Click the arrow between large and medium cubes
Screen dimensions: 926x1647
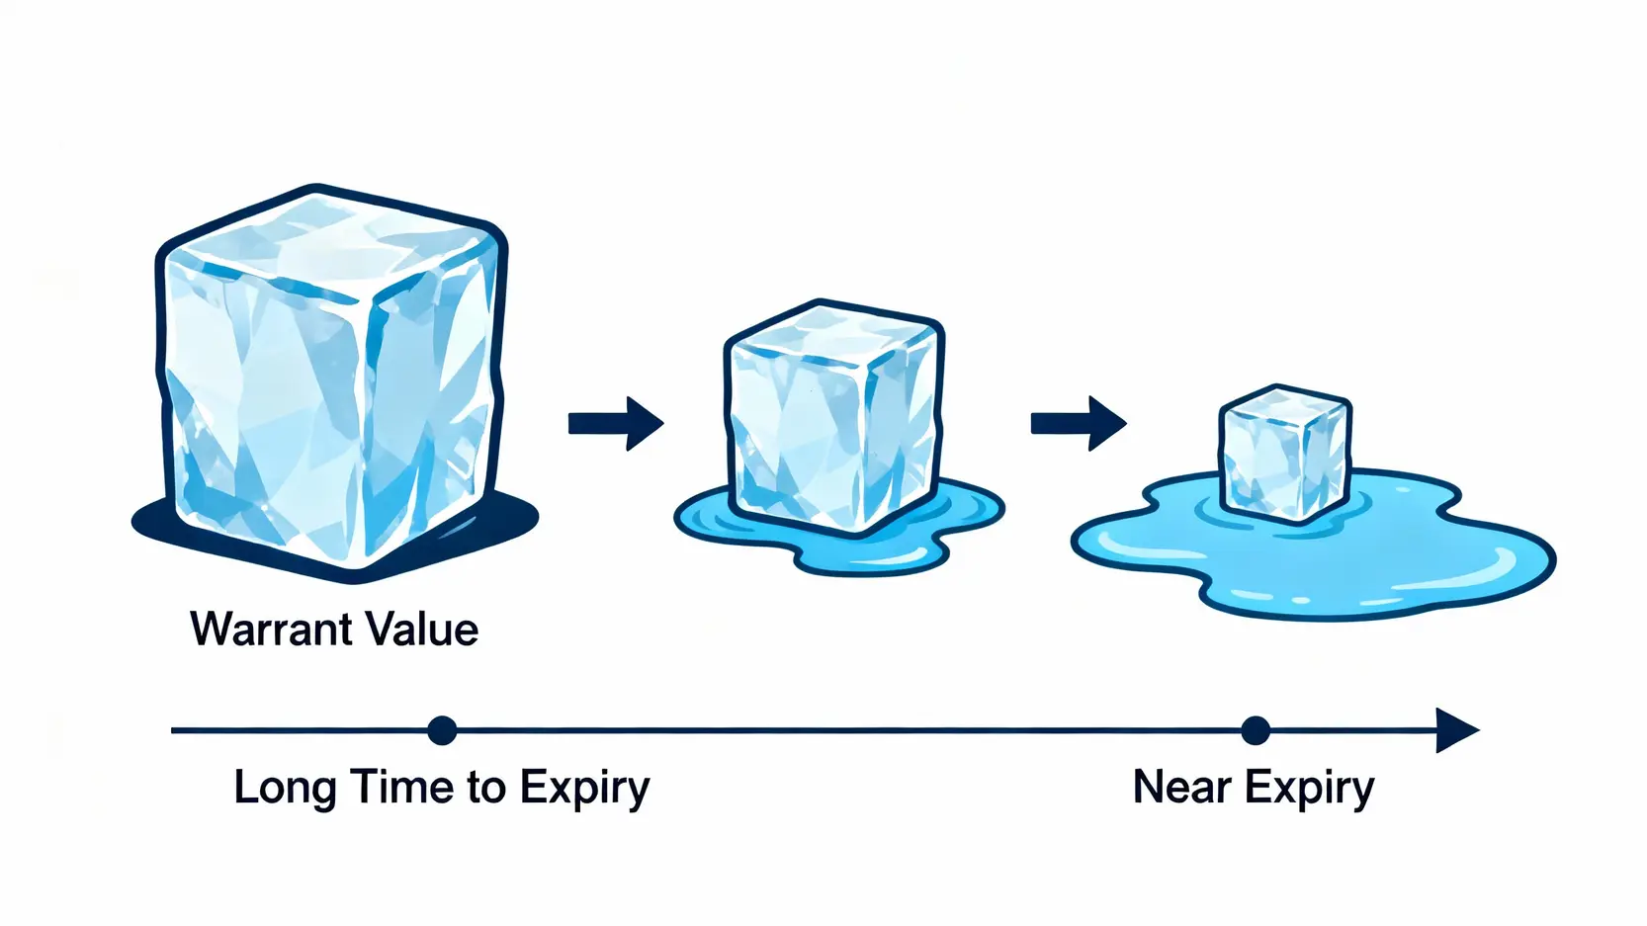pos(615,423)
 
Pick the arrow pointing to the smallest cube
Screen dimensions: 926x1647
pos(1078,423)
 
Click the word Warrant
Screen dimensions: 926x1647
pos(271,630)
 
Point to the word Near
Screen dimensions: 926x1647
pos(1181,788)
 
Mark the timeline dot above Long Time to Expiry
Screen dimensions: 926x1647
pos(442,730)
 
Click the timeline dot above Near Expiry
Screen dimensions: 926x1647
pos(1255,730)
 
